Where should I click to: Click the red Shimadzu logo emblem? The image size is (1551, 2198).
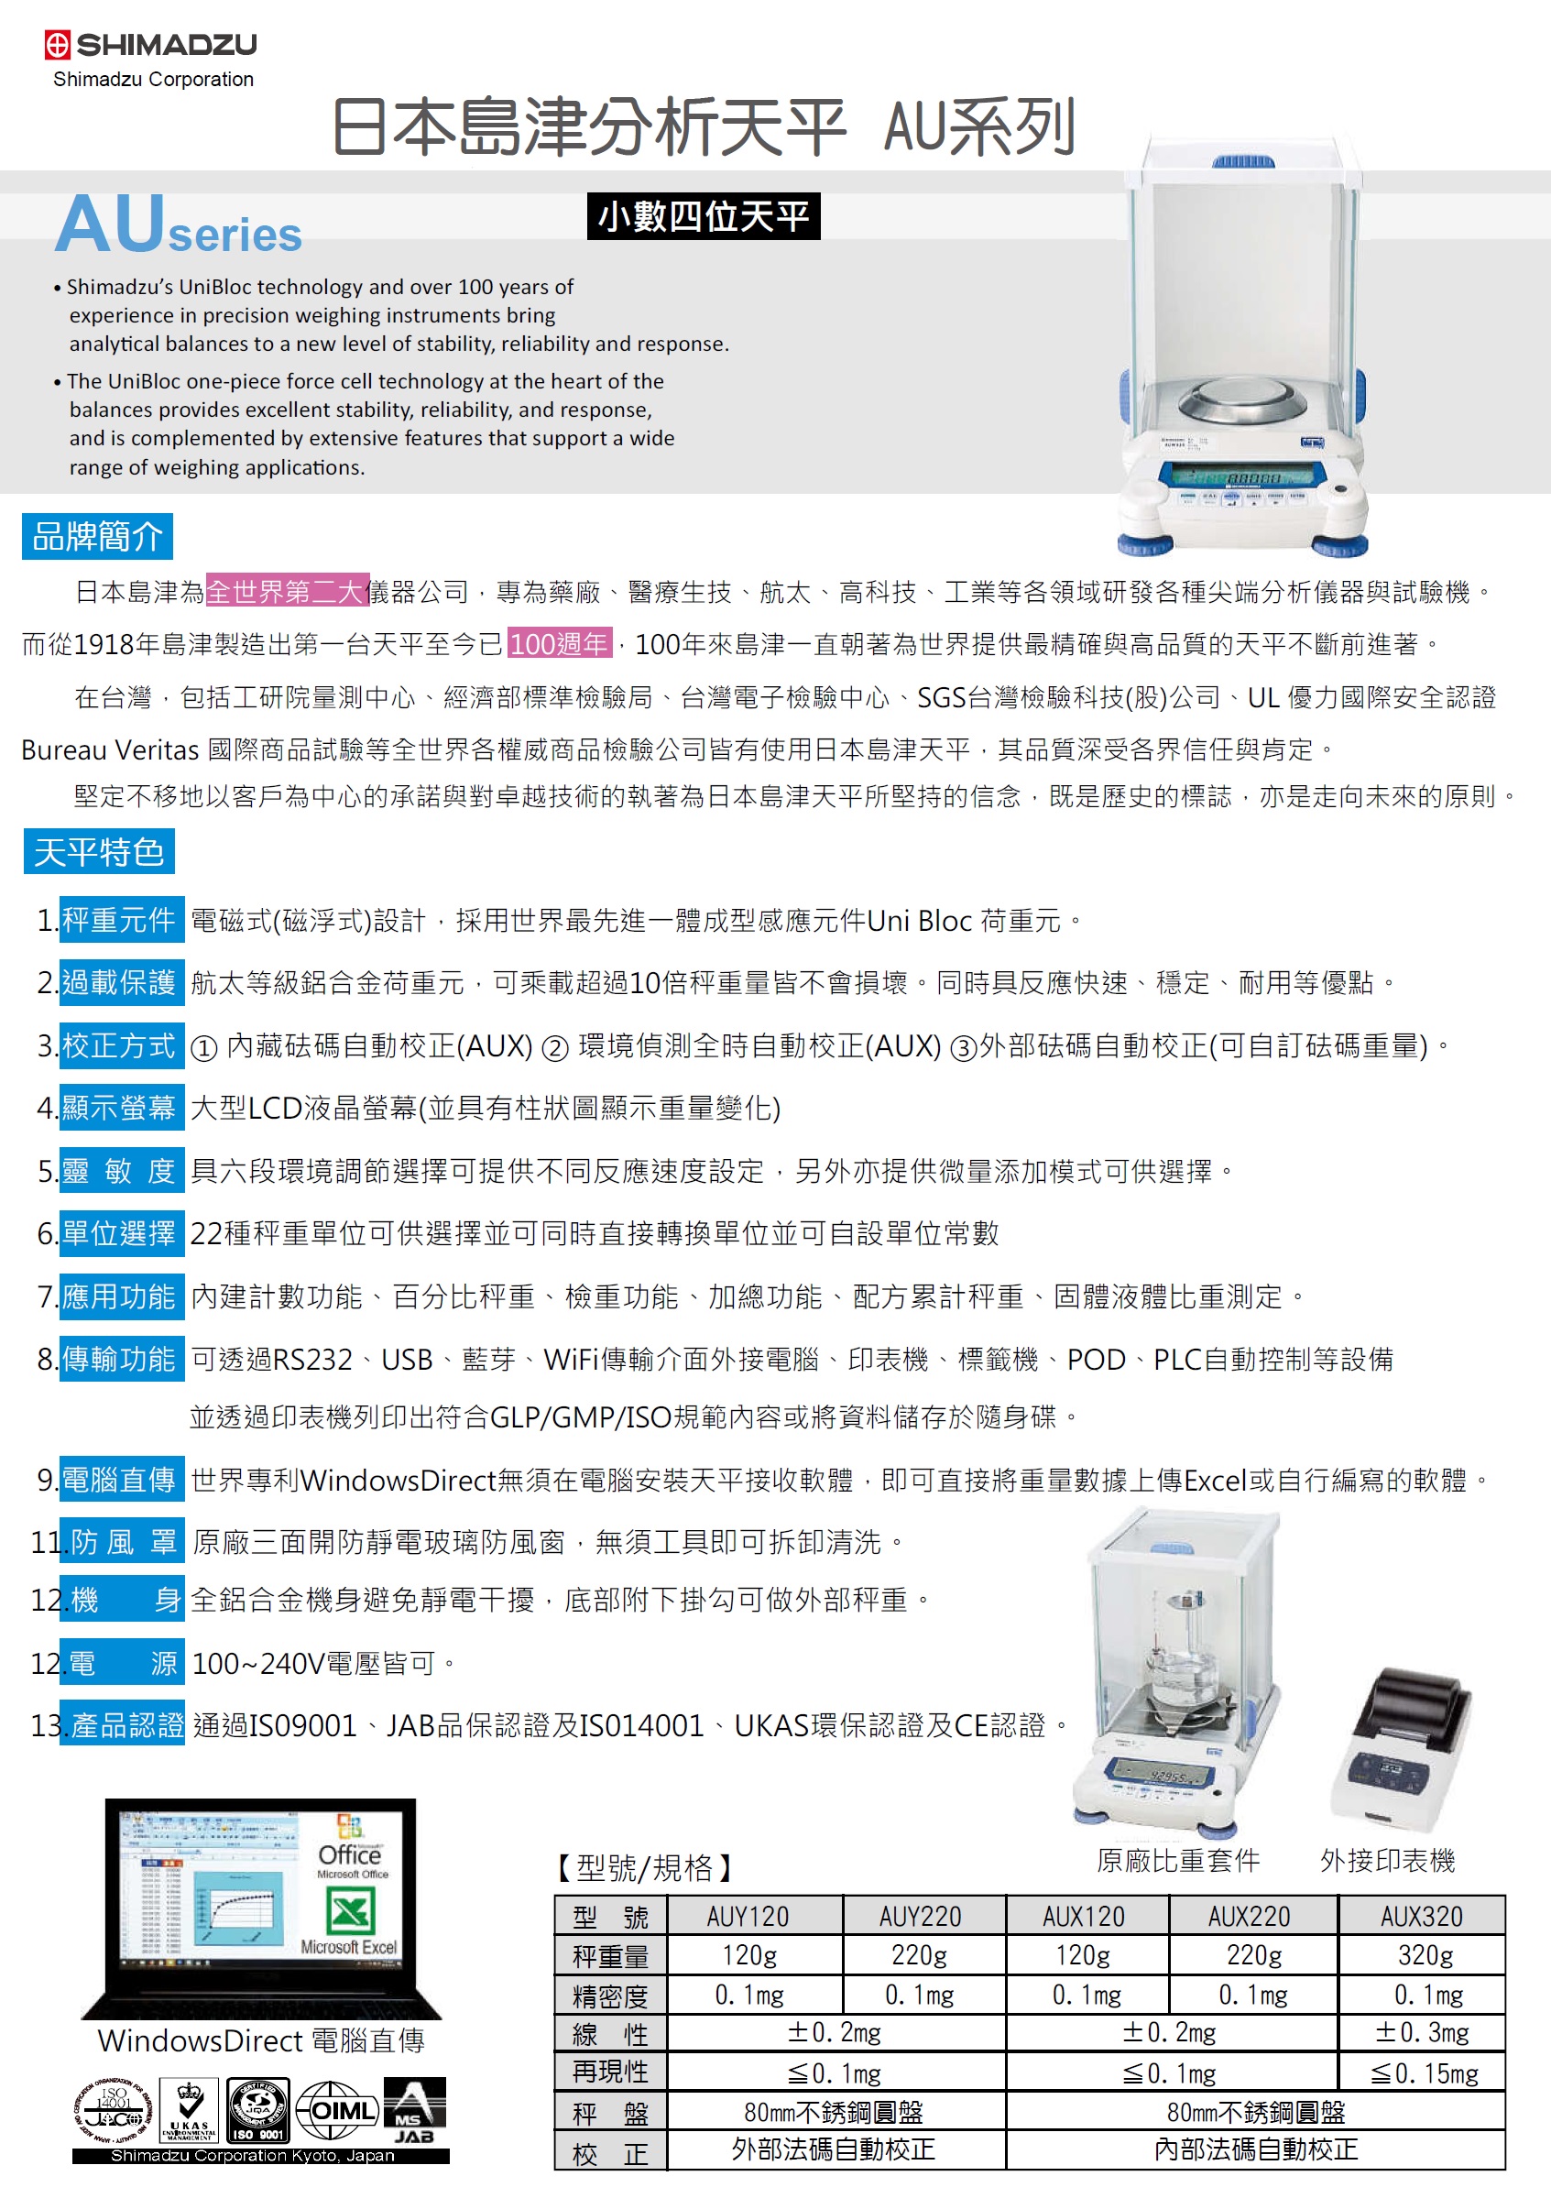point(58,44)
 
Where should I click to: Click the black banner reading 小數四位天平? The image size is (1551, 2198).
point(703,216)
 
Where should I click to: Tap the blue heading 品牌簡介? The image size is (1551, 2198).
point(97,536)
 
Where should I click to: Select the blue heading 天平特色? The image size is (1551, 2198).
point(99,851)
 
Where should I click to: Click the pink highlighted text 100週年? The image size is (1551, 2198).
point(558,643)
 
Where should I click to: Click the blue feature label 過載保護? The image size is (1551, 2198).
point(121,982)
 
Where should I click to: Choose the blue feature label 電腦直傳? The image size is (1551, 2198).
point(121,1480)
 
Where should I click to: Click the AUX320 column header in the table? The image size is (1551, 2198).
point(1421,1916)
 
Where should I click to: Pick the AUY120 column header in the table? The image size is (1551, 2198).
point(748,1916)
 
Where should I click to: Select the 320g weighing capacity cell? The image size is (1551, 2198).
point(1425,1954)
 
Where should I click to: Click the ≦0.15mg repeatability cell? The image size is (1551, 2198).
point(1424,2072)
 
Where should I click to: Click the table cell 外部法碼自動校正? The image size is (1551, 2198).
point(833,2149)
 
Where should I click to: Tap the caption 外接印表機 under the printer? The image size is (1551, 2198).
point(1387,1860)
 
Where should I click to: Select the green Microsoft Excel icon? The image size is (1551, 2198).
point(350,1912)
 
